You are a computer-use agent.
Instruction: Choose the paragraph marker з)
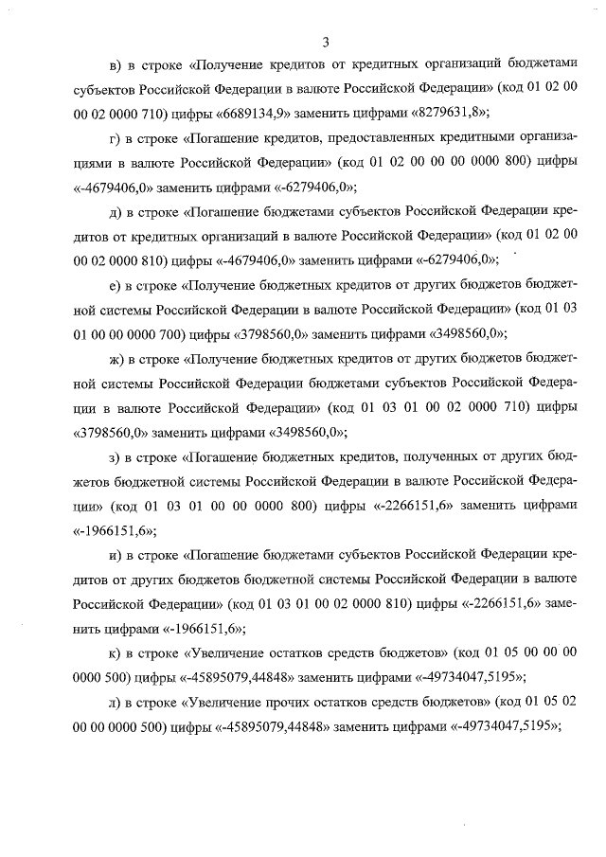116,457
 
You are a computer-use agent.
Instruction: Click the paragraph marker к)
116,653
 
